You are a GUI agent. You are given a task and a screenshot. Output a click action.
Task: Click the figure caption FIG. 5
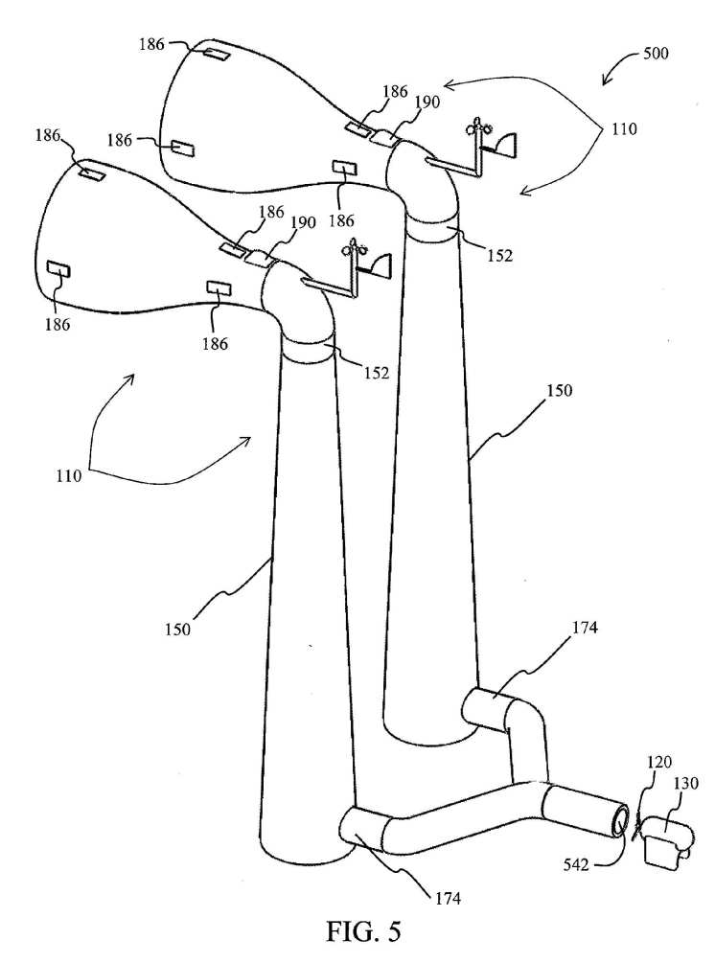point(363,931)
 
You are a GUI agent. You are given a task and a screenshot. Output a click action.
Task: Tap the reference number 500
point(656,53)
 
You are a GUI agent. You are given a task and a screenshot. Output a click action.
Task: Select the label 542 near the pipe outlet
point(576,864)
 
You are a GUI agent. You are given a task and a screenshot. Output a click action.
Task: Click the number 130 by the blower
point(686,783)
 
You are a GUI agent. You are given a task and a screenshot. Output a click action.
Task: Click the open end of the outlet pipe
point(620,820)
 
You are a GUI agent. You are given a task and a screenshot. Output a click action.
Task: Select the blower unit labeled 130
point(668,838)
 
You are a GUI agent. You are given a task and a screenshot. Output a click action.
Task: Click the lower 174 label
point(448,898)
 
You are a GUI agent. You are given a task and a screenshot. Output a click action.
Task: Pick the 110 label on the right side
point(624,129)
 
